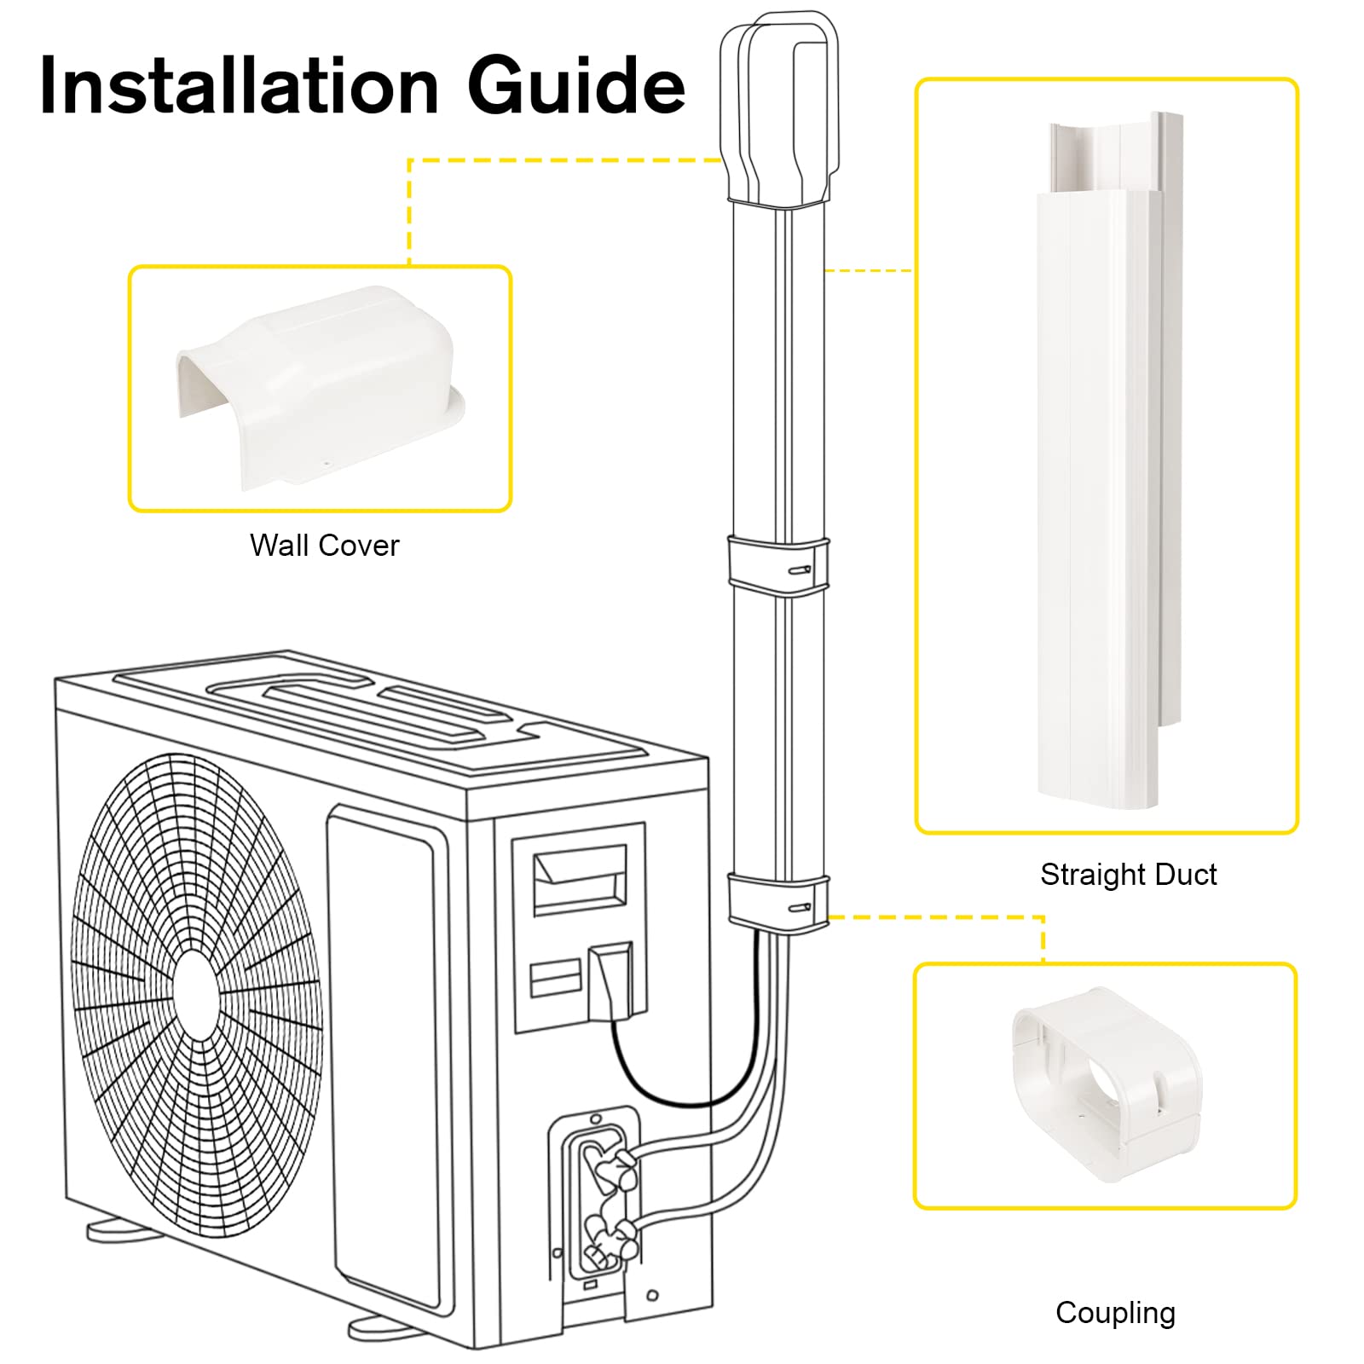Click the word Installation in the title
(239, 85)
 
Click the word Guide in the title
(576, 85)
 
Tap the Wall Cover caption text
(324, 546)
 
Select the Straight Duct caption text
(1128, 875)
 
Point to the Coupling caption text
(1115, 1313)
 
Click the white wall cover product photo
(320, 388)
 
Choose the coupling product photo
(1106, 1083)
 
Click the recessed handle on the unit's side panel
(580, 878)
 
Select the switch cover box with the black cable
(610, 980)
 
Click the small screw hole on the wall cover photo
(326, 465)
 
